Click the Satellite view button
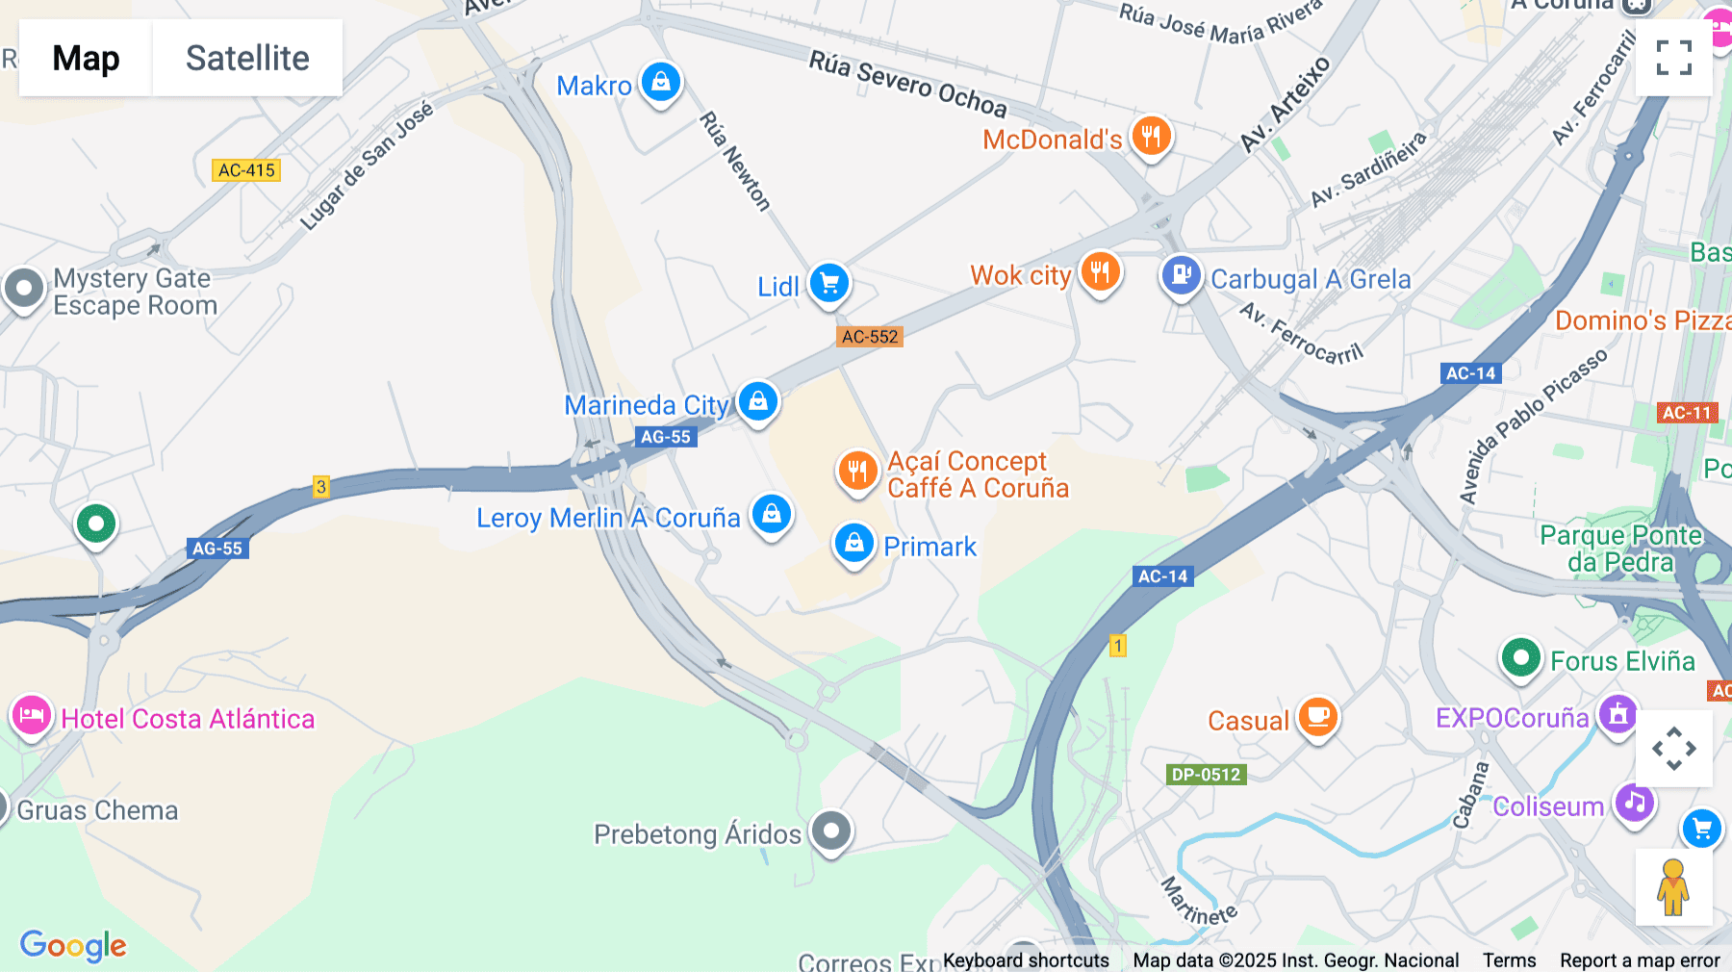click(x=247, y=58)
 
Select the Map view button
click(x=86, y=58)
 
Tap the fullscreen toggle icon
click(x=1673, y=58)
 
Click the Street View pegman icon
click(x=1673, y=886)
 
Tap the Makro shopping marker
click(x=661, y=83)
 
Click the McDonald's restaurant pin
click(x=1151, y=137)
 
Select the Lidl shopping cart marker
click(x=828, y=284)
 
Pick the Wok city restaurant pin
click(x=1100, y=272)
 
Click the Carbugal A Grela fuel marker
click(x=1181, y=276)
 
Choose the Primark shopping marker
click(x=853, y=544)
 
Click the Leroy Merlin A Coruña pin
click(x=772, y=515)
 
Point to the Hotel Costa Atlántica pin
click(x=32, y=717)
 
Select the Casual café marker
click(x=1317, y=718)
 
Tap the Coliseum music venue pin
click(x=1634, y=803)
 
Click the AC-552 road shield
click(x=870, y=337)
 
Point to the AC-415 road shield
click(x=246, y=170)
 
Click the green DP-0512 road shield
click(x=1206, y=775)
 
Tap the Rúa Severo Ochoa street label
click(x=907, y=85)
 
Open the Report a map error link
click(x=1640, y=960)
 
